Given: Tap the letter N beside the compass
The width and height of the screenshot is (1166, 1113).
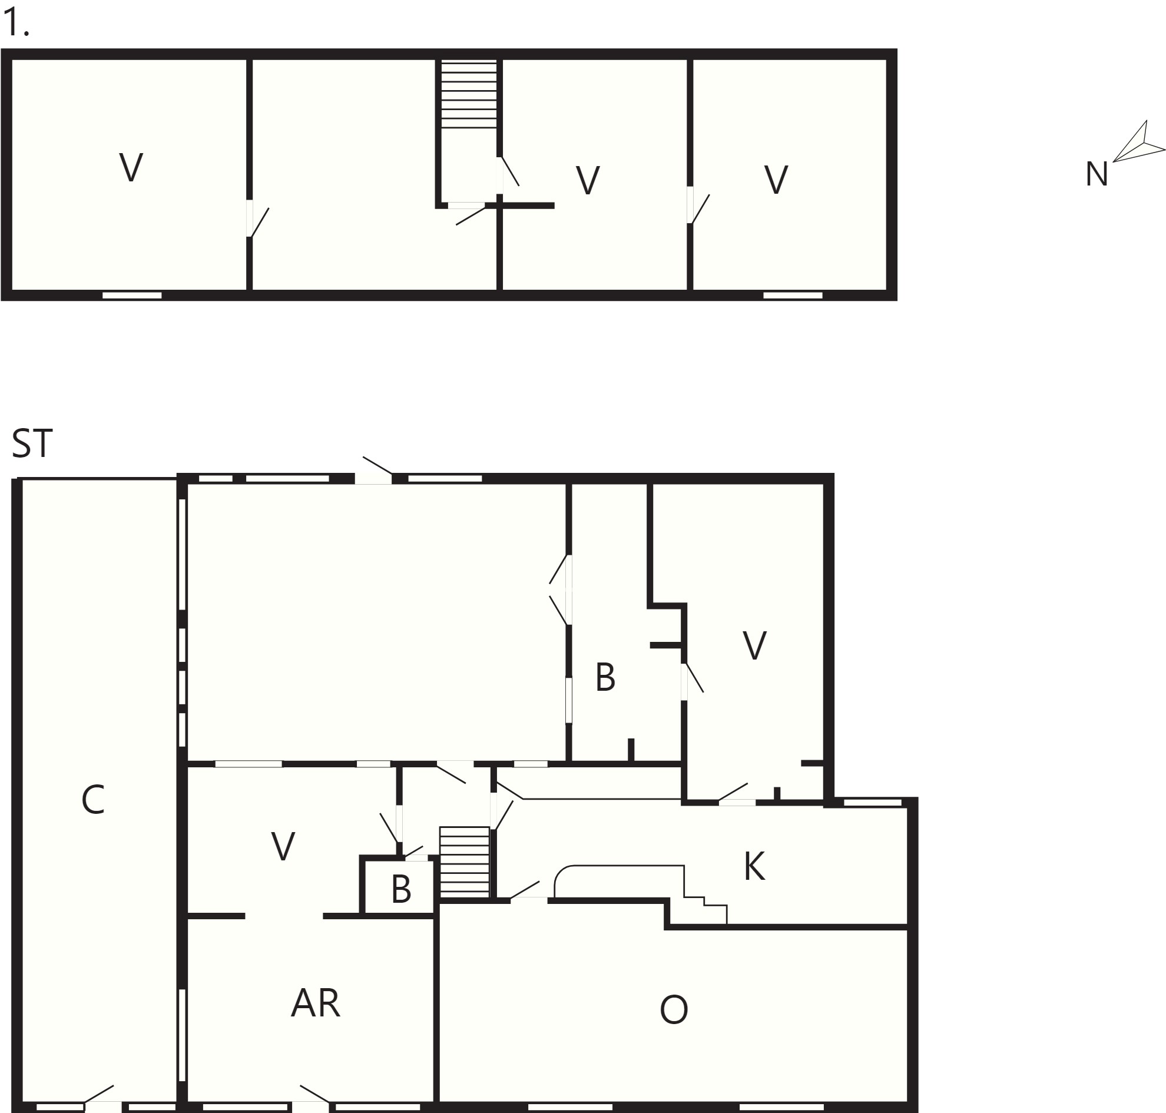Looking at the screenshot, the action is coord(1097,175).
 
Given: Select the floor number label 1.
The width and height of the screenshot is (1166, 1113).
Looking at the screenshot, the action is coord(16,24).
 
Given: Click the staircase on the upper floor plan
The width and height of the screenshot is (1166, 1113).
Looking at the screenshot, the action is coord(469,94).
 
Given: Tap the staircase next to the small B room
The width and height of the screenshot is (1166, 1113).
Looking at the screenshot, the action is coord(465,862).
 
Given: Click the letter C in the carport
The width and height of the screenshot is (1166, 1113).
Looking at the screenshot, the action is coord(93,800).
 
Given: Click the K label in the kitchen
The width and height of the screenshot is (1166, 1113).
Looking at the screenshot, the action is coord(754,867).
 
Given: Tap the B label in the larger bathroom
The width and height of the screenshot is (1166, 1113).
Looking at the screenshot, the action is coord(605,678).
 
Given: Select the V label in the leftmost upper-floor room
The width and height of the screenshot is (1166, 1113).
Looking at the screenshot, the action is coord(131,168).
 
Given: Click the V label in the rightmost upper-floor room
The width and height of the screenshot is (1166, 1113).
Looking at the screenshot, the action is coord(776,180).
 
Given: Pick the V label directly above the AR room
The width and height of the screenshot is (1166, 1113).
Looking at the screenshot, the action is coord(283,847).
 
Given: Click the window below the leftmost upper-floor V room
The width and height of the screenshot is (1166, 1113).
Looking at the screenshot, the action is coord(132,296).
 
